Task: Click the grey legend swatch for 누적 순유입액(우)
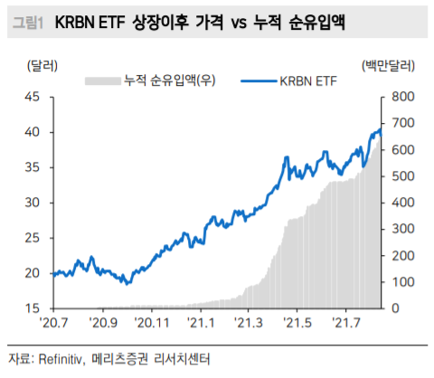point(102,81)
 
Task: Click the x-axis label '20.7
point(57,323)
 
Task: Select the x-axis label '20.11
point(152,323)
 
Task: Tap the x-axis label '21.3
point(248,323)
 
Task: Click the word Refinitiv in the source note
point(61,359)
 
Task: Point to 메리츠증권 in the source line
point(123,359)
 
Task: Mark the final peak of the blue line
point(379,130)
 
